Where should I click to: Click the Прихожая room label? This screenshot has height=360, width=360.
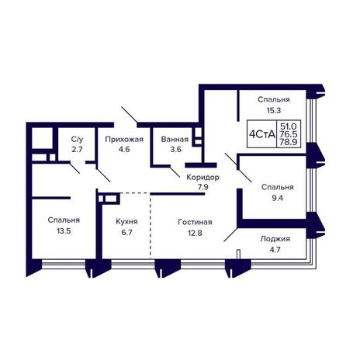pyautogui.click(x=124, y=140)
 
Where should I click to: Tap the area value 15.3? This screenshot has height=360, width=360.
pyautogui.click(x=274, y=110)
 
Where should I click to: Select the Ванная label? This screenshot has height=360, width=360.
pyautogui.click(x=175, y=140)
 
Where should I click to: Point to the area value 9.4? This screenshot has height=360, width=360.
pyautogui.click(x=277, y=198)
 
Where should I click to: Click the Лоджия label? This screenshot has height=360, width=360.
pyautogui.click(x=275, y=239)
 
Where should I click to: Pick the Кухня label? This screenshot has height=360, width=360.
pyautogui.click(x=126, y=222)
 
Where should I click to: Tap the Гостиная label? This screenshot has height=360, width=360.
pyautogui.click(x=195, y=222)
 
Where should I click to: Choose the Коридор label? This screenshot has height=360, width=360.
pyautogui.click(x=203, y=177)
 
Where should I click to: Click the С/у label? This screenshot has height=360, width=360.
pyautogui.click(x=78, y=140)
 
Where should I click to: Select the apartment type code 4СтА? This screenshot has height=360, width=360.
pyautogui.click(x=261, y=134)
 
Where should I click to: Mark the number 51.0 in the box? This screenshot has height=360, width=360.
pyautogui.click(x=289, y=126)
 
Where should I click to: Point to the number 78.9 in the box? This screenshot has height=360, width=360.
pyautogui.click(x=289, y=142)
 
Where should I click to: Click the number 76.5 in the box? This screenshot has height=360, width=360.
pyautogui.click(x=289, y=134)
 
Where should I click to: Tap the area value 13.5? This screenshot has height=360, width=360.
pyautogui.click(x=64, y=231)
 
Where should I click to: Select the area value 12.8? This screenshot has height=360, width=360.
pyautogui.click(x=195, y=233)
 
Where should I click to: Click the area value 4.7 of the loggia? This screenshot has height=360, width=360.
pyautogui.click(x=275, y=250)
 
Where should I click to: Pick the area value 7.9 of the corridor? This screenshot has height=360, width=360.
pyautogui.click(x=203, y=187)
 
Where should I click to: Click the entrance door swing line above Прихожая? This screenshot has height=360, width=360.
pyautogui.click(x=130, y=114)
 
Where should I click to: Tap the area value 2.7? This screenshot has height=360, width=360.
pyautogui.click(x=77, y=149)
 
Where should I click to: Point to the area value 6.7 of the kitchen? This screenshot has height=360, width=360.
pyautogui.click(x=126, y=232)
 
